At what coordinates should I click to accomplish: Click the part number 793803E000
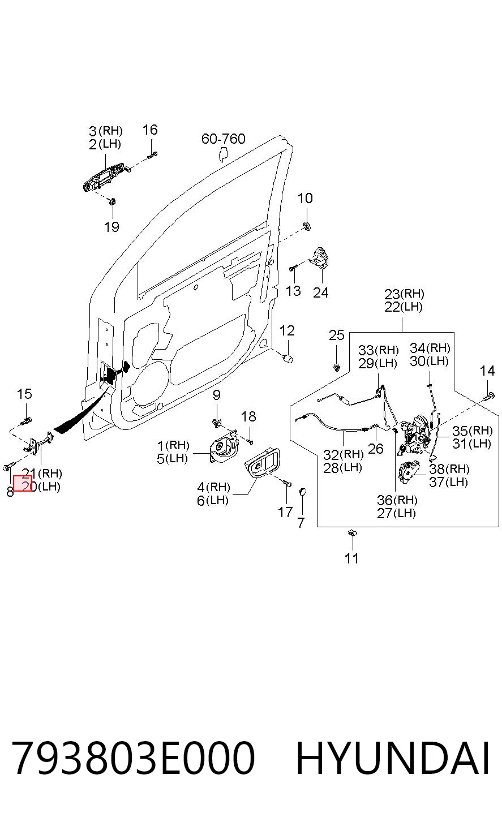click(x=134, y=758)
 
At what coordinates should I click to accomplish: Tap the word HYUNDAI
click(x=393, y=758)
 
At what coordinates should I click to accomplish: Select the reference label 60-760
click(x=224, y=139)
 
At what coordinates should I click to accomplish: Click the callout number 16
click(x=150, y=130)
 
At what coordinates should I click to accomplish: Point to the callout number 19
click(x=111, y=227)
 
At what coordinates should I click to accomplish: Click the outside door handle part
click(x=106, y=179)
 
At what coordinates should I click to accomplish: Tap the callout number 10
click(x=305, y=198)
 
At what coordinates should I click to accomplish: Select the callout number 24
click(x=320, y=292)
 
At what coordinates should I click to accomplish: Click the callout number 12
click(x=287, y=330)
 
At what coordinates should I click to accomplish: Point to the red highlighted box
click(x=23, y=483)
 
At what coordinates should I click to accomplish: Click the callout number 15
click(x=24, y=394)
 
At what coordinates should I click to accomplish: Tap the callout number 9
click(x=217, y=395)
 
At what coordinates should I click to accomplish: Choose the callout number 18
click(x=248, y=416)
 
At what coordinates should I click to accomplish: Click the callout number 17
click(x=285, y=512)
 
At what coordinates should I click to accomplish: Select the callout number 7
click(x=301, y=523)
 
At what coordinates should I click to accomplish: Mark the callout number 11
click(x=351, y=558)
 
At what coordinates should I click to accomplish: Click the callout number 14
click(x=487, y=371)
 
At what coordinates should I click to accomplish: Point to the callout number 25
click(x=337, y=335)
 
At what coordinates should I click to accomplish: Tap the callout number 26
click(x=376, y=449)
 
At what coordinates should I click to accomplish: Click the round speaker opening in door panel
click(x=152, y=382)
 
